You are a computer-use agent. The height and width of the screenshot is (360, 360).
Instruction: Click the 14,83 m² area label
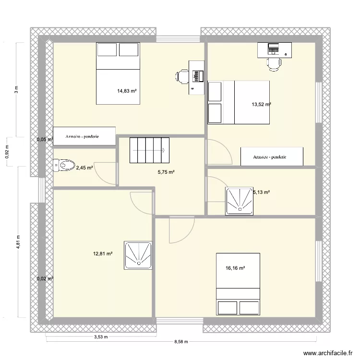pos(127,91)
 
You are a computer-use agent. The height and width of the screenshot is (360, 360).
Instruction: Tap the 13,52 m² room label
pos(261,105)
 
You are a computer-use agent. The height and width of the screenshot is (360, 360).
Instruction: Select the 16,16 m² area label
pos(235,268)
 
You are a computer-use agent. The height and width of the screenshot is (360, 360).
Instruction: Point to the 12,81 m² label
pos(103,254)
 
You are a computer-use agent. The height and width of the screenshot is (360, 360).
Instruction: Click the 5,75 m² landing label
pos(166,172)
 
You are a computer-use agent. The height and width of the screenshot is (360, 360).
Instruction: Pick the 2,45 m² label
pos(84,168)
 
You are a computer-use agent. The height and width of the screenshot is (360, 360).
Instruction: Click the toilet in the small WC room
pos(64,165)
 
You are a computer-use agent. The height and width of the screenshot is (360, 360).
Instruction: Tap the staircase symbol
pos(149,150)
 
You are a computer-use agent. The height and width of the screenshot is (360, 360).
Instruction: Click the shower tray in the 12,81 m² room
pos(138,255)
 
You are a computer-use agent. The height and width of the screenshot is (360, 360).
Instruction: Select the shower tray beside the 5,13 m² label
pos(239,201)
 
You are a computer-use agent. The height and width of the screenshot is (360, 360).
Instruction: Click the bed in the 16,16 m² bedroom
pos(238,284)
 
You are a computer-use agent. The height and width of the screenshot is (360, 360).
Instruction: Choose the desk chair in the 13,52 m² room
pos(274,64)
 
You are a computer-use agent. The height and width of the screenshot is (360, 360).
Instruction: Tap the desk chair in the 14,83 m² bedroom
pos(182,76)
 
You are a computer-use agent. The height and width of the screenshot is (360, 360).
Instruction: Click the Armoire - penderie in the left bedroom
pos(84,136)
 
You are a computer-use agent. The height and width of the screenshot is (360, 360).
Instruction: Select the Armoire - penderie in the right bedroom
pos(272,156)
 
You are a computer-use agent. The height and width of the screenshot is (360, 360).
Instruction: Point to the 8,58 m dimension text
pos(181,342)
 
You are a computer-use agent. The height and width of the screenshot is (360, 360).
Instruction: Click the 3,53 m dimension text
pos(101,337)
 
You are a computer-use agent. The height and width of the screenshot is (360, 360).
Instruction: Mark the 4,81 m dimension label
pos(18,242)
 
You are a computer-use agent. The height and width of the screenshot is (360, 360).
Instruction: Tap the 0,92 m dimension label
pos(7,152)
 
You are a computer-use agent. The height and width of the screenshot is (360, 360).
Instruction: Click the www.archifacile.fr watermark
pos(328,353)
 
